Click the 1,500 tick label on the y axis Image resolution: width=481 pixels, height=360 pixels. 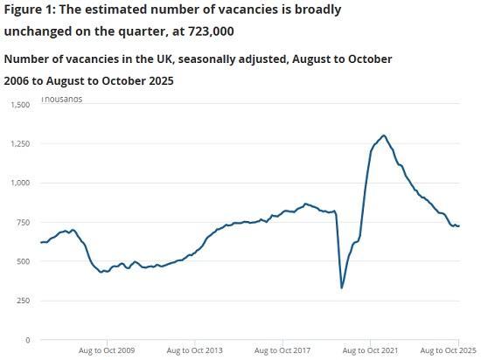[x=19, y=105]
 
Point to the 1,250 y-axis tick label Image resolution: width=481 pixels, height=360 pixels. [x=19, y=143]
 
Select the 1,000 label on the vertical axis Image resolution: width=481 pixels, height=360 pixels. [x=19, y=183]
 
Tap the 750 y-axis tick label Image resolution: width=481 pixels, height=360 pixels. [x=23, y=222]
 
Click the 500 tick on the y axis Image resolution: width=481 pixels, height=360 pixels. [x=23, y=261]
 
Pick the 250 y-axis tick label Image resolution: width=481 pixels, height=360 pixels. [x=23, y=301]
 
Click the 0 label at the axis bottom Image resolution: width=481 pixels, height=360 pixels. [x=28, y=340]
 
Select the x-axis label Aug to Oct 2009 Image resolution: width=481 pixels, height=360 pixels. [x=106, y=350]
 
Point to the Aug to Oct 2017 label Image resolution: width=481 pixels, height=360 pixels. [x=282, y=350]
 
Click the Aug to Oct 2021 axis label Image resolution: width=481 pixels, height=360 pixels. [x=370, y=350]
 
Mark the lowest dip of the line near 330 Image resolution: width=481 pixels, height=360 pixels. [x=342, y=287]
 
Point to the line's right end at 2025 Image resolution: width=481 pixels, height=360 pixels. [x=459, y=226]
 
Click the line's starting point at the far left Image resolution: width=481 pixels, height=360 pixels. [x=41, y=242]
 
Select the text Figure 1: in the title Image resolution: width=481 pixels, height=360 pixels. [x=28, y=10]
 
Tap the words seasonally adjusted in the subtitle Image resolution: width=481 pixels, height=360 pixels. [x=209, y=59]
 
